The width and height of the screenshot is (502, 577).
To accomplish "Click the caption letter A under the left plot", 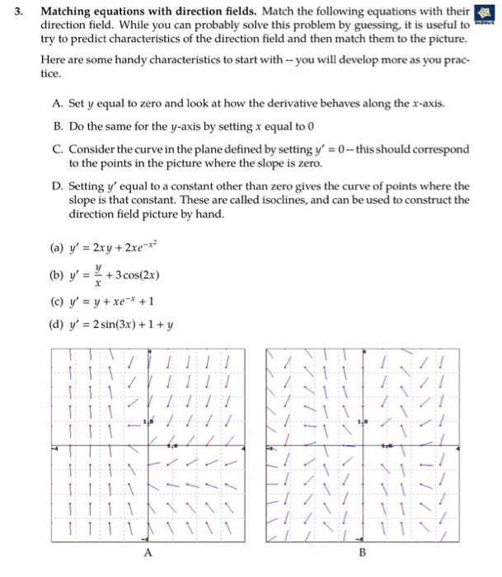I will click(x=148, y=554).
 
